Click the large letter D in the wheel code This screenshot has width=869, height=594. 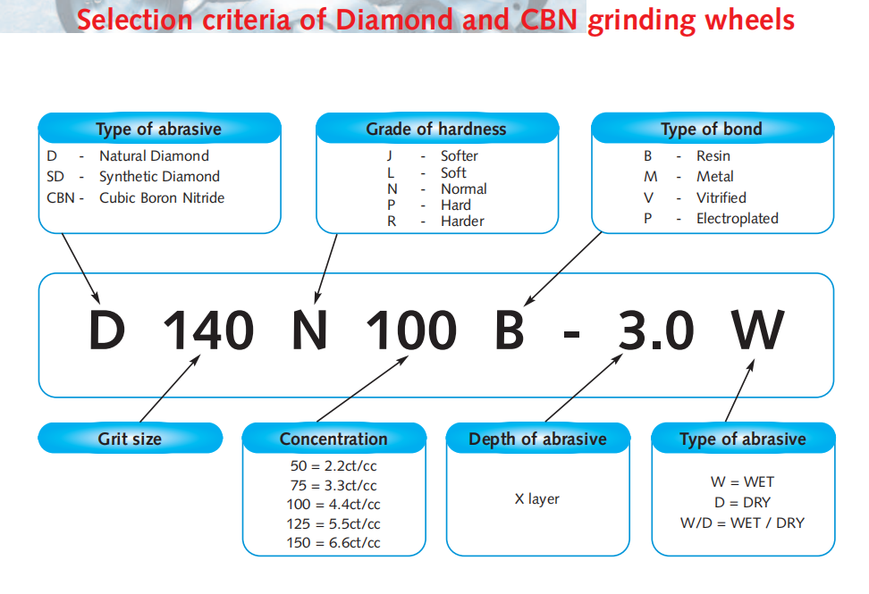pos(106,330)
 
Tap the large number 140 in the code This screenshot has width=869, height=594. pos(208,330)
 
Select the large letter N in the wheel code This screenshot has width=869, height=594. pos(309,330)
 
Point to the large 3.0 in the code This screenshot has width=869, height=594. pos(655,330)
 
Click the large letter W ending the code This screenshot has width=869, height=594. pos(757,330)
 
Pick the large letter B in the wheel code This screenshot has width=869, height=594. pos(510,330)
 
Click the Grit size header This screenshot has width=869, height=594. pos(130,439)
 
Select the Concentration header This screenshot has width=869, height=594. pos(333,439)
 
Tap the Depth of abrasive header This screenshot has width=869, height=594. pos(537,439)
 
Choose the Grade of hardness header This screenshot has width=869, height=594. pos(436,129)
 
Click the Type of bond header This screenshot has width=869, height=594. pos(712,129)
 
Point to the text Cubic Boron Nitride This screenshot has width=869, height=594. pos(162,197)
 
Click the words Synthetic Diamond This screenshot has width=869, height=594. pos(160,177)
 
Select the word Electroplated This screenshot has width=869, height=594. pos(737,219)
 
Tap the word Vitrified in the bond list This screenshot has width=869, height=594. pos(721,197)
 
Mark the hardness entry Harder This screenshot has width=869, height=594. pos(462,222)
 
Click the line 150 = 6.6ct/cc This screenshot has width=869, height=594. pos(333,542)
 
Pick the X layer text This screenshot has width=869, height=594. pos(537,498)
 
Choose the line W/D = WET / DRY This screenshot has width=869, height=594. pos(742,523)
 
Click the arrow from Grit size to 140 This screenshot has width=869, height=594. pos(170,388)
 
